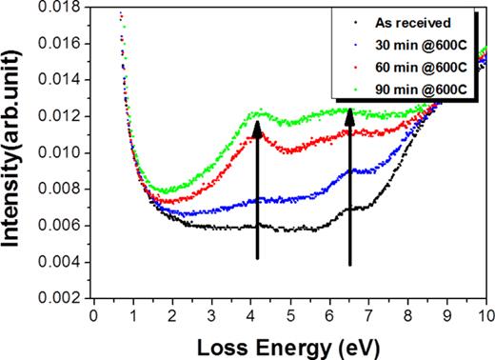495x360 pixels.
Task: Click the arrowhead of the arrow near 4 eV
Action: tap(257, 128)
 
